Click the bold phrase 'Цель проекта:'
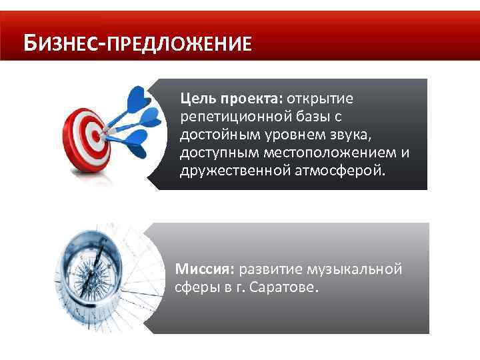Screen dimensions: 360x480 pyautogui.click(x=231, y=99)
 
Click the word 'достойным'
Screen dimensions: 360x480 pyautogui.click(x=220, y=135)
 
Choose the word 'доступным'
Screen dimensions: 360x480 pyautogui.click(x=219, y=154)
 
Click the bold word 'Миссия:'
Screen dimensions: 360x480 pyautogui.click(x=199, y=269)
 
